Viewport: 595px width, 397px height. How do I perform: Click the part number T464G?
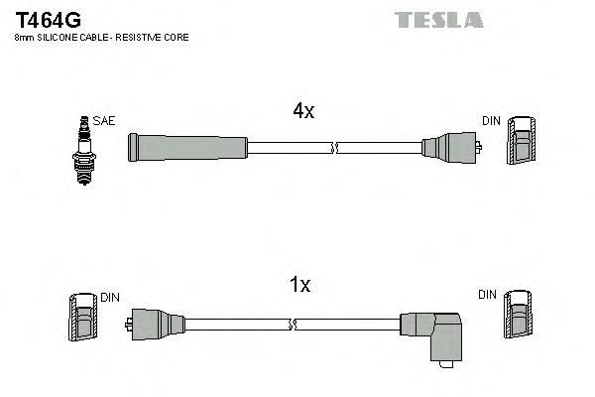(48, 20)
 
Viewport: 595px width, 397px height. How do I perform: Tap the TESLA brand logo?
(439, 20)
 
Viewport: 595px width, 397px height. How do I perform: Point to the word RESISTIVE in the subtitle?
(139, 38)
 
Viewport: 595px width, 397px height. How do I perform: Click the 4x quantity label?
(303, 110)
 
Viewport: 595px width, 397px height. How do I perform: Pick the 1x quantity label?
(299, 284)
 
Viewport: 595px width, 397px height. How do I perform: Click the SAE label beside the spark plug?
(103, 121)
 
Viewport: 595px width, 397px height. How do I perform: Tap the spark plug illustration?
(84, 151)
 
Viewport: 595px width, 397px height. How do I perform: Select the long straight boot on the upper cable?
(187, 148)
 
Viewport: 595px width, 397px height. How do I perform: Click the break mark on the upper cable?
(335, 148)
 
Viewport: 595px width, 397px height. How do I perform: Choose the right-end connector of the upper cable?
(451, 148)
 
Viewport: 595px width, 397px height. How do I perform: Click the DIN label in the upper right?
(491, 121)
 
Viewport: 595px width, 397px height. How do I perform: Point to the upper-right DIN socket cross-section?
(522, 141)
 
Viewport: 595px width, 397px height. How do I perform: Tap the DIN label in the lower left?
(110, 298)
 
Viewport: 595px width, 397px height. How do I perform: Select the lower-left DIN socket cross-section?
(83, 318)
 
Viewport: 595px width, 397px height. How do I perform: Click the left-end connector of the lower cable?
(156, 325)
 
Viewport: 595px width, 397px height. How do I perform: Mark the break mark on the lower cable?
(293, 325)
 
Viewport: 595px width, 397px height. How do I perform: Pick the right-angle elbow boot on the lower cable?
(431, 338)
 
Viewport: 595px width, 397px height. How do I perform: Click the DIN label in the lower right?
(487, 295)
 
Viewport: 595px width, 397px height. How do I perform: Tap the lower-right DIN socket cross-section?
(518, 315)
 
